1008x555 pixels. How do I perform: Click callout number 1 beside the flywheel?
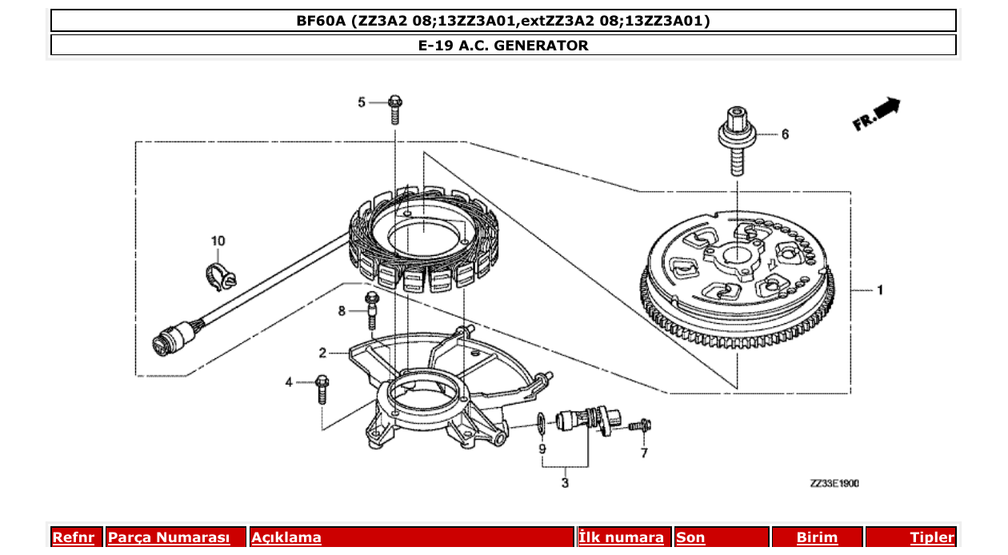point(880,291)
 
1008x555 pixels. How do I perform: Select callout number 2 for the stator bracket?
point(322,353)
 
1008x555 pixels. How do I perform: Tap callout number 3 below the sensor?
point(565,483)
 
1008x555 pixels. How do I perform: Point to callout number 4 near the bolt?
point(289,383)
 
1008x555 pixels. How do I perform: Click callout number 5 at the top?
point(361,102)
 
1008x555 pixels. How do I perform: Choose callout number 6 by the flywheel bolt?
point(785,134)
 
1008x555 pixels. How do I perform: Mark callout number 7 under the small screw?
point(643,453)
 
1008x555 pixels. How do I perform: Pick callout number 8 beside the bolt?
point(342,310)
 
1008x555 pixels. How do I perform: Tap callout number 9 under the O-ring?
point(542,449)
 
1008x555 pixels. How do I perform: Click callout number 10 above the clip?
point(218,241)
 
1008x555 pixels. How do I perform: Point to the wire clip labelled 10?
point(218,273)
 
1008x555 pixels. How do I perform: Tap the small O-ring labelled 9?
point(541,420)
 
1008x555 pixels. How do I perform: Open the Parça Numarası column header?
point(169,537)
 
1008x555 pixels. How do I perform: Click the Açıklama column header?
point(286,537)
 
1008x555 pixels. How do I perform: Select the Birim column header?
point(817,537)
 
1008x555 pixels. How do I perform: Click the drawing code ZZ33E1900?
point(834,484)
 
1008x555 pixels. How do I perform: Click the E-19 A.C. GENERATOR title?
point(503,46)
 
